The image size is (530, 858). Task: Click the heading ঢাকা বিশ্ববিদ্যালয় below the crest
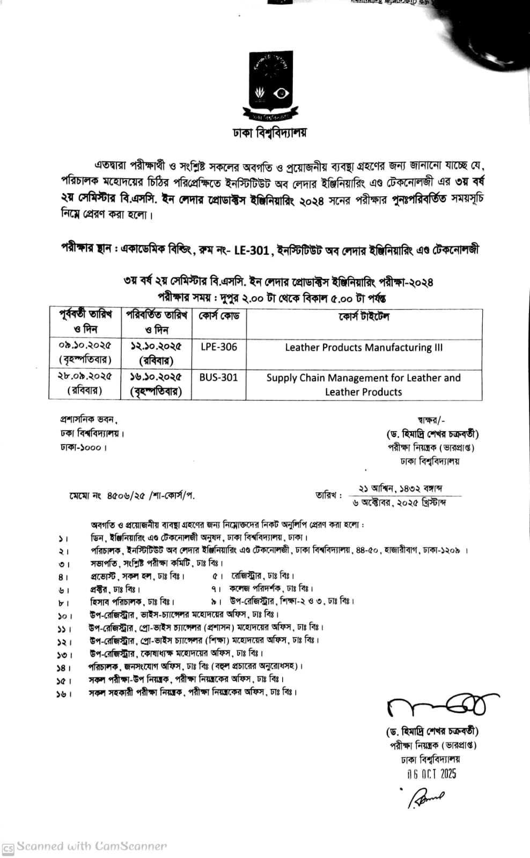pos(269,132)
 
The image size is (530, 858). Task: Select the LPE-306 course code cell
pos(218,347)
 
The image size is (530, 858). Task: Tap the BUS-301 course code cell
pos(218,378)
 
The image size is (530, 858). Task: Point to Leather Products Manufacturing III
pos(364,347)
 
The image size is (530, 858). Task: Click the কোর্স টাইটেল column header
pos(364,316)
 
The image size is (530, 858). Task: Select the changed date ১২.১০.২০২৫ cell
pos(156,346)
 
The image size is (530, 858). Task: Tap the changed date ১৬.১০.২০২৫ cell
pos(156,377)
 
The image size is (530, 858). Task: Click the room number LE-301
pos(252,250)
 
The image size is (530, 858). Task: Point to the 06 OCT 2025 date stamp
pos(431,774)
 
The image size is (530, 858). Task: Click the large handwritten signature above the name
pos(437,707)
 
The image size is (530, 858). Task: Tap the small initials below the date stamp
pos(426,798)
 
